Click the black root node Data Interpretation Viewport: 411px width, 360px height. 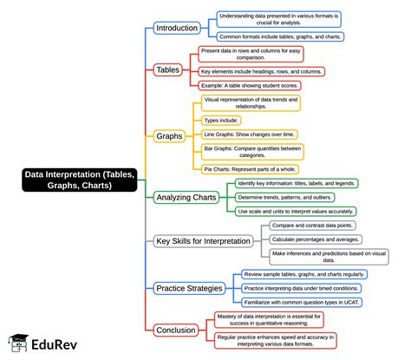[80, 180]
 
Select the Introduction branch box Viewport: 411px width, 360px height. [177, 28]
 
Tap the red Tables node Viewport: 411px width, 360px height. [168, 70]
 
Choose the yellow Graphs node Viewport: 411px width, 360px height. [169, 136]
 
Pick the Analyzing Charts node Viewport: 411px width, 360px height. [186, 198]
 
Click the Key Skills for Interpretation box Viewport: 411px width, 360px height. [203, 241]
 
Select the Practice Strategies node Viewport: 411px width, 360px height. [189, 288]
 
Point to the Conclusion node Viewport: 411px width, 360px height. [176, 331]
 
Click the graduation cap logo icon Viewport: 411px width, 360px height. [18, 343]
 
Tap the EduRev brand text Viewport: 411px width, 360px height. [54, 344]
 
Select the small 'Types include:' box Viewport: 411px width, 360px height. [221, 121]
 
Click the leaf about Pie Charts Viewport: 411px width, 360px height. [250, 169]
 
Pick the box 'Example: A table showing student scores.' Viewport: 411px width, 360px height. [250, 86]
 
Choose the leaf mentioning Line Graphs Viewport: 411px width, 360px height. [250, 134]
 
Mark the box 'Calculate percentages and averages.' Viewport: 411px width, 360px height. [316, 239]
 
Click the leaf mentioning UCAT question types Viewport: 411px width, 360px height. [302, 303]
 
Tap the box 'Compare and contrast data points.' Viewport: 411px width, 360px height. [312, 226]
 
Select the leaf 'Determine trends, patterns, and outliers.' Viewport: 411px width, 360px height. [284, 198]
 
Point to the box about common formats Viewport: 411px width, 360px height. [280, 36]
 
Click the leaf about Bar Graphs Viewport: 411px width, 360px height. [252, 152]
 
